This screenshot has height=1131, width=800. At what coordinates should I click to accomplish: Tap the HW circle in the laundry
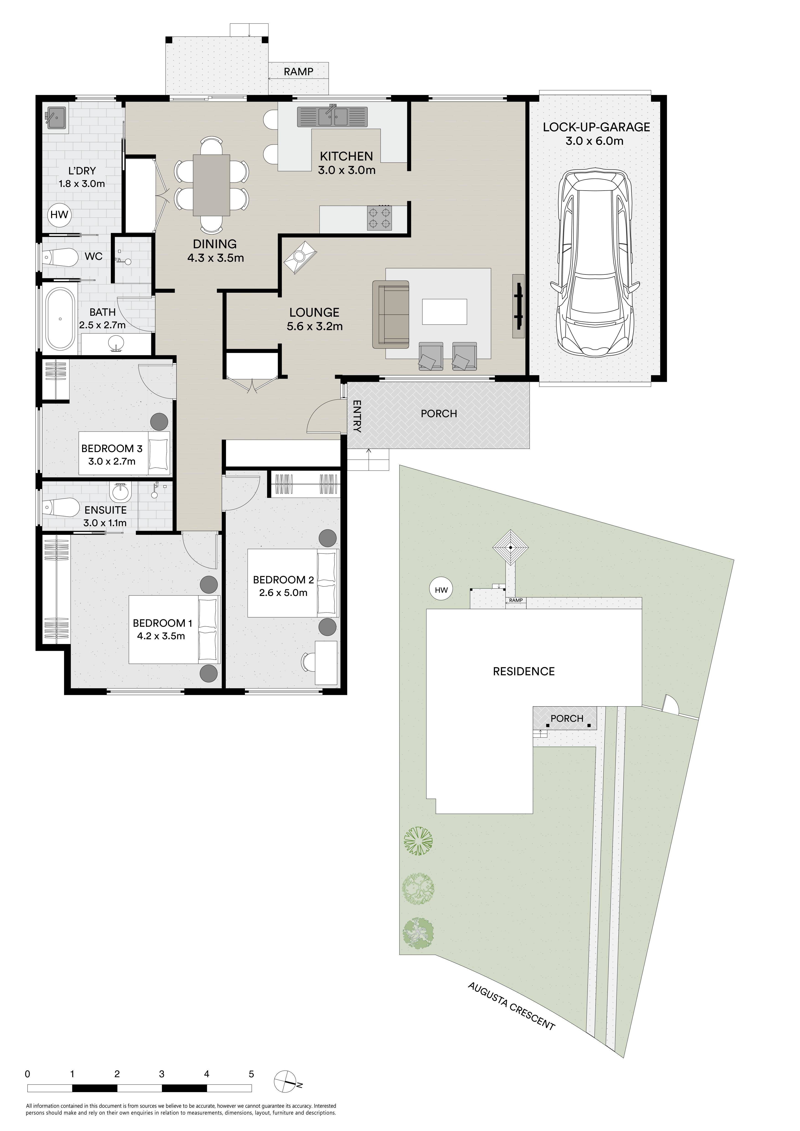tap(59, 215)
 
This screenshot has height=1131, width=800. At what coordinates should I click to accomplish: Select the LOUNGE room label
tap(314, 312)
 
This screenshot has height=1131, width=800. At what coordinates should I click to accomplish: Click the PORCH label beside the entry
tap(439, 414)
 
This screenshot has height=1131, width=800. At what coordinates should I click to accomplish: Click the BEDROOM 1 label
tap(159, 623)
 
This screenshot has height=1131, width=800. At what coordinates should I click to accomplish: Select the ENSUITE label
tap(105, 510)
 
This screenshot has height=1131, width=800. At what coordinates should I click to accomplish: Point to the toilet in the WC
tap(60, 257)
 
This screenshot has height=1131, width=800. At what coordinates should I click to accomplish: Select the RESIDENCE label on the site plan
tap(524, 671)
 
